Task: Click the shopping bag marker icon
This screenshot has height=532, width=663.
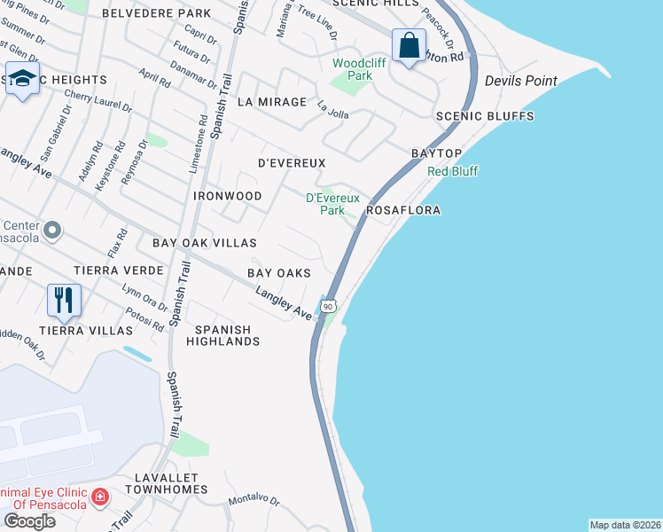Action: point(409,45)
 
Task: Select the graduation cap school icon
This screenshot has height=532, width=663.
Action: point(22,76)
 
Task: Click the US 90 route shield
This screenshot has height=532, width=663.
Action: point(328,306)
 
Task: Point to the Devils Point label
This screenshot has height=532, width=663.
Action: point(520,81)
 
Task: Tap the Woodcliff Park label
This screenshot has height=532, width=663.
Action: point(352,69)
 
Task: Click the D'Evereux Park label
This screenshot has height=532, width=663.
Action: point(325,204)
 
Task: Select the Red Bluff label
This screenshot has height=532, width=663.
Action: point(453,171)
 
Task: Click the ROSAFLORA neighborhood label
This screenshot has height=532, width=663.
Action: point(403,211)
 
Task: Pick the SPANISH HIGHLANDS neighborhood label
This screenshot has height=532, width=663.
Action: point(222,334)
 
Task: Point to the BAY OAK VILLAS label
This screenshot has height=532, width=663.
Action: point(205,242)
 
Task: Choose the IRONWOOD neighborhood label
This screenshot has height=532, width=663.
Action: point(227,195)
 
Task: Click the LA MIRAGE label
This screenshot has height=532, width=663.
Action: point(272,102)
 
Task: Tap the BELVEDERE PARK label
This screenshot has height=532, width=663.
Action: point(157,13)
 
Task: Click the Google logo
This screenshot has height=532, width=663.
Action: point(29,521)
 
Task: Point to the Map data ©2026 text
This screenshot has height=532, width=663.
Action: point(625,525)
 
